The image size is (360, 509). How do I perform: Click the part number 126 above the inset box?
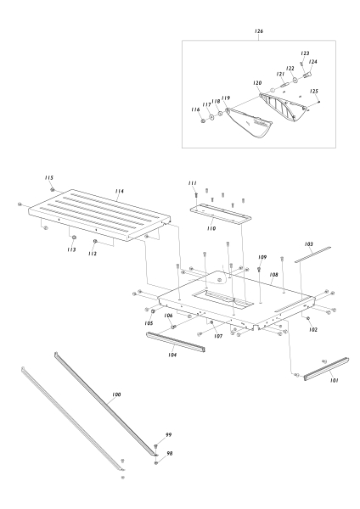(259, 31)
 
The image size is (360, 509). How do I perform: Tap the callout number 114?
(120, 193)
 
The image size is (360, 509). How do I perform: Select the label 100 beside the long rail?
(115, 395)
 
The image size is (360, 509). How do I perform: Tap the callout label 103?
(309, 243)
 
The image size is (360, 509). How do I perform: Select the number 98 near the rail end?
(168, 453)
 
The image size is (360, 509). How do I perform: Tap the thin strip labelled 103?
(313, 254)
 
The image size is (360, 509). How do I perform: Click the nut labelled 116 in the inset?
(202, 121)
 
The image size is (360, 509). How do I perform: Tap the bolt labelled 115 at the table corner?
(53, 189)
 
